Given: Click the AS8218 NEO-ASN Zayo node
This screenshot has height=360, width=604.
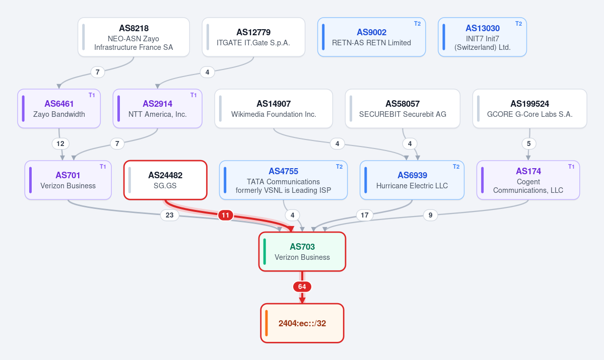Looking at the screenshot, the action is [133, 37].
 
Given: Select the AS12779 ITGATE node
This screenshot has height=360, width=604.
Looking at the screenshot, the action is [253, 37].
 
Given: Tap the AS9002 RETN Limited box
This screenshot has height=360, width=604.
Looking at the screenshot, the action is [371, 37].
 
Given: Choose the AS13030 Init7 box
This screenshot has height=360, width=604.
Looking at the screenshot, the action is [482, 37].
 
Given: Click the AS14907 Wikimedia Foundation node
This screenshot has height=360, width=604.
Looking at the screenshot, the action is [274, 109].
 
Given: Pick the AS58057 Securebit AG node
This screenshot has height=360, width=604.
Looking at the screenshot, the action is [402, 109].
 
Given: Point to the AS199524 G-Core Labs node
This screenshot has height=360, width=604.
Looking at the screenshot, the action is [529, 109].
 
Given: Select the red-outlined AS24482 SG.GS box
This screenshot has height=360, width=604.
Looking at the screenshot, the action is [165, 180].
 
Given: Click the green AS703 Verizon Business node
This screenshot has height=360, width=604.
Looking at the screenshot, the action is [302, 251].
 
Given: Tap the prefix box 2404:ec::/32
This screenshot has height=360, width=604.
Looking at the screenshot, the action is [302, 323].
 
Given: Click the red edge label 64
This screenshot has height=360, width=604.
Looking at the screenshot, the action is [302, 287].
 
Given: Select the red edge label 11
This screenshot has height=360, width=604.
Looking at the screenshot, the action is [225, 215].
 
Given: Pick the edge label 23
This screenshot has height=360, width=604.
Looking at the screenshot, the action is [169, 215].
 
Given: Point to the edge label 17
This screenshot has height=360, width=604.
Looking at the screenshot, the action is [364, 215].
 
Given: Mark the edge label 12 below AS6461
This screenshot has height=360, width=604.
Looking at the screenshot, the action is [60, 143].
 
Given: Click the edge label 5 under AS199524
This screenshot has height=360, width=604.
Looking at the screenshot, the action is [528, 143].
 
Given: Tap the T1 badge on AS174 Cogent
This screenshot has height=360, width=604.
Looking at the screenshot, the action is [571, 167].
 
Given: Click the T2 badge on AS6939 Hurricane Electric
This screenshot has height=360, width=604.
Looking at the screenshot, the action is [456, 167].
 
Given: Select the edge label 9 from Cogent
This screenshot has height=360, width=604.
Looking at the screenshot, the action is [430, 215].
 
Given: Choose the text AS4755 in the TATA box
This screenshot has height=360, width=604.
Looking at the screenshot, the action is [283, 171].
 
